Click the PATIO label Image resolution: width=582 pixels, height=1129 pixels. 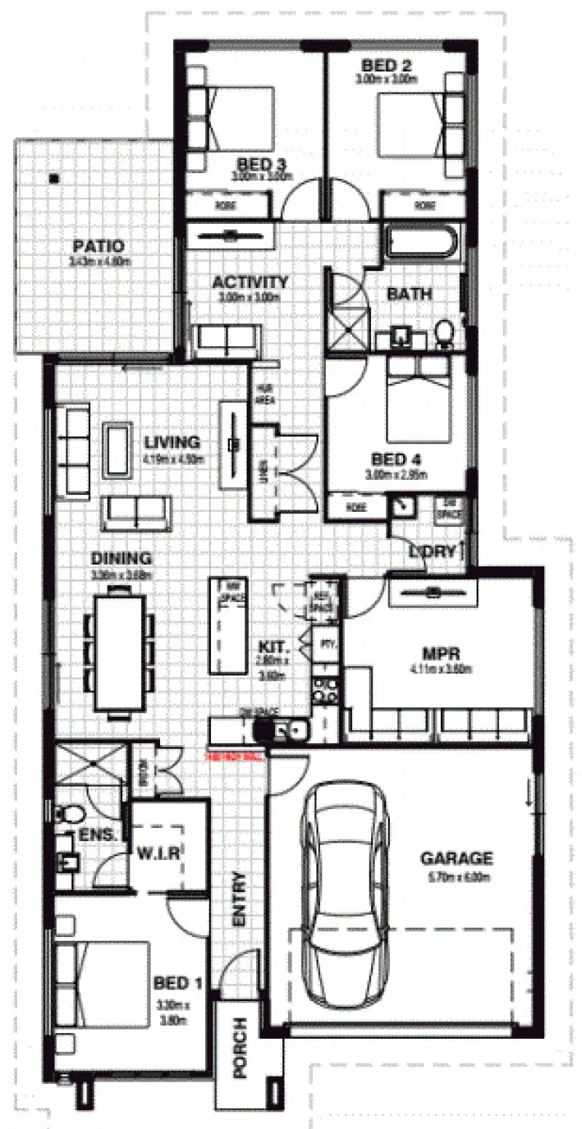[x=97, y=246]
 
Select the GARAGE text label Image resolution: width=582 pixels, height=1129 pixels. [x=456, y=859]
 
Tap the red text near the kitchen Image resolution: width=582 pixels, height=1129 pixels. [x=236, y=756]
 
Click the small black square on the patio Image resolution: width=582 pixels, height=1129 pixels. [x=54, y=177]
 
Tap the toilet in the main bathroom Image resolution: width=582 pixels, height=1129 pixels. [x=443, y=335]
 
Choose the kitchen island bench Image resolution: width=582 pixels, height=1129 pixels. [x=229, y=625]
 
